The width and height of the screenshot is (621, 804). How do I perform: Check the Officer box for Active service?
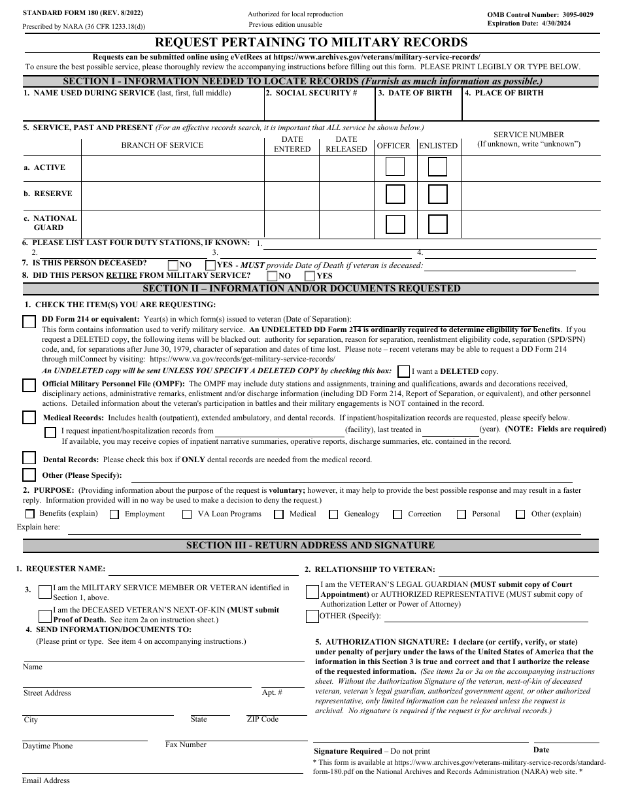(x=394, y=167)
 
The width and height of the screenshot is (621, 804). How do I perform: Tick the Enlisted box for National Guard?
(x=437, y=224)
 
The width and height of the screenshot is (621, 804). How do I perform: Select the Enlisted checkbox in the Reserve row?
(x=437, y=194)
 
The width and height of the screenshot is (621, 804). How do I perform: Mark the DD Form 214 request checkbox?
(x=29, y=322)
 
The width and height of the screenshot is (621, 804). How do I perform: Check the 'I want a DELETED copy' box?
(x=404, y=371)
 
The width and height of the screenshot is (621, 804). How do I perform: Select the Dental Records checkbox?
(x=29, y=458)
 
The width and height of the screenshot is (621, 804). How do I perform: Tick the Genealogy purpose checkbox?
(x=333, y=514)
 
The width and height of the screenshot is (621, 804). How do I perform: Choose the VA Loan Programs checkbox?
(x=187, y=514)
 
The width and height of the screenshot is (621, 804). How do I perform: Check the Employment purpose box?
(x=114, y=514)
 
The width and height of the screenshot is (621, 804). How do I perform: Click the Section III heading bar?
(x=310, y=545)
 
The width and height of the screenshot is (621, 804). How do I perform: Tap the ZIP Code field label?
(x=262, y=719)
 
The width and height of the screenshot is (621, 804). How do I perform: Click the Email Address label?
(x=46, y=780)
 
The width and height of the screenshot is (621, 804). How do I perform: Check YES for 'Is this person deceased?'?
(x=210, y=265)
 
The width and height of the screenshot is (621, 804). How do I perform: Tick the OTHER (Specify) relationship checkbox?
(x=312, y=616)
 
